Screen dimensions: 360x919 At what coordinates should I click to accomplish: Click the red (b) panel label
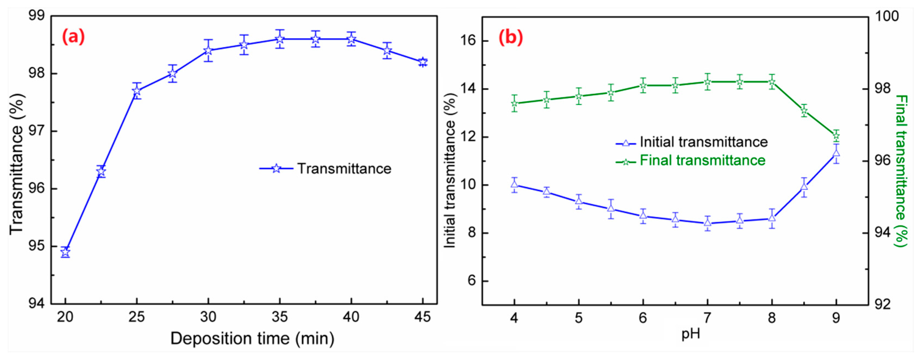[x=511, y=37]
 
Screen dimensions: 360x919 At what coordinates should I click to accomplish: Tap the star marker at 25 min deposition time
[x=137, y=91]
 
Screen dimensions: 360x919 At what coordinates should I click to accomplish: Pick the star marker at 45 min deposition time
[x=423, y=62]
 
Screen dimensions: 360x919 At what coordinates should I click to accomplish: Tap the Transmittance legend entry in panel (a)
[x=325, y=168]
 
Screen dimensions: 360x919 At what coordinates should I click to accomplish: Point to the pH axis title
[x=691, y=334]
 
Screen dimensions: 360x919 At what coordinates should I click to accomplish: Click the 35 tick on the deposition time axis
[x=279, y=316]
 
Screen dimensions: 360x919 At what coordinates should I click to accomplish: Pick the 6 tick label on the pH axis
[x=643, y=317]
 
